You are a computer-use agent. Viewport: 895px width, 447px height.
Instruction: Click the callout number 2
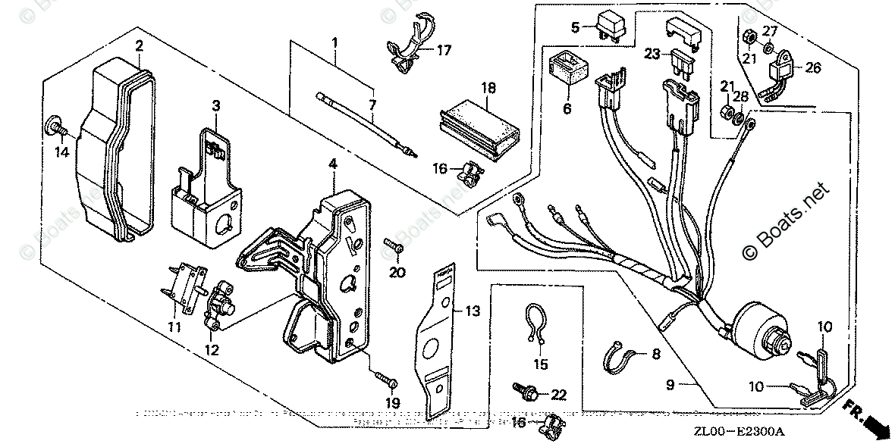[x=139, y=46]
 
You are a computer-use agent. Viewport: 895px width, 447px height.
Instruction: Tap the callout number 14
[x=62, y=152]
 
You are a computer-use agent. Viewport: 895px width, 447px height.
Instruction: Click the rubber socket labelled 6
[x=568, y=67]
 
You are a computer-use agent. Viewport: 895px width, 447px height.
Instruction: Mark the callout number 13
[x=473, y=310]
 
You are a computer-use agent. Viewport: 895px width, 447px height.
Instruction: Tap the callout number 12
[x=212, y=350]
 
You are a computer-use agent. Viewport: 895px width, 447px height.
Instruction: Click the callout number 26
[x=812, y=67]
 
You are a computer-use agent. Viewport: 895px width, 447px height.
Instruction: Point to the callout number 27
[x=770, y=30]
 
